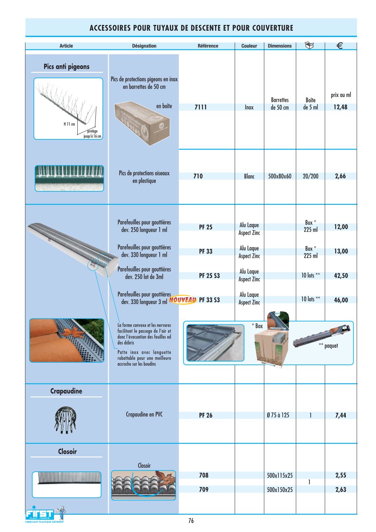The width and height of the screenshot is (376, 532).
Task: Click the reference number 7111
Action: click(x=201, y=107)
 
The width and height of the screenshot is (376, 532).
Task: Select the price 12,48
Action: click(x=340, y=107)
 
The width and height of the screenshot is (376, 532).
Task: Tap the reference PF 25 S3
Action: click(x=209, y=276)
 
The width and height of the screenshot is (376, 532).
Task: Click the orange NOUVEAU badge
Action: click(x=183, y=300)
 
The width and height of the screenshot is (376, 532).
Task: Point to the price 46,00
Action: click(x=341, y=300)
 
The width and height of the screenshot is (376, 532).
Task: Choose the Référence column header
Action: click(x=208, y=46)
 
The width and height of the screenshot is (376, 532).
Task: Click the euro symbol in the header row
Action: click(x=339, y=46)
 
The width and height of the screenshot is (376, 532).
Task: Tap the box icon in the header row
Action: click(x=309, y=46)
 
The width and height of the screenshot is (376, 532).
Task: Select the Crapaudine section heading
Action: click(x=66, y=391)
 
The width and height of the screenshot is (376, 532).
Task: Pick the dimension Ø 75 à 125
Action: click(x=278, y=415)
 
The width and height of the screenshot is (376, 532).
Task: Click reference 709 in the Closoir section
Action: click(x=204, y=489)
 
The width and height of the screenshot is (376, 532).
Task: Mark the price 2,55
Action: click(x=341, y=475)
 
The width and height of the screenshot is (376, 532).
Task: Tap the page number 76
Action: click(x=191, y=520)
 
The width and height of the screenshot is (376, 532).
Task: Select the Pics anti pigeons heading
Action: click(x=67, y=67)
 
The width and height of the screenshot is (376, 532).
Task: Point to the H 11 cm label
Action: click(x=69, y=124)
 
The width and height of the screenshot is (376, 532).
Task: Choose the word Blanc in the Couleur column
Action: click(x=249, y=177)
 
